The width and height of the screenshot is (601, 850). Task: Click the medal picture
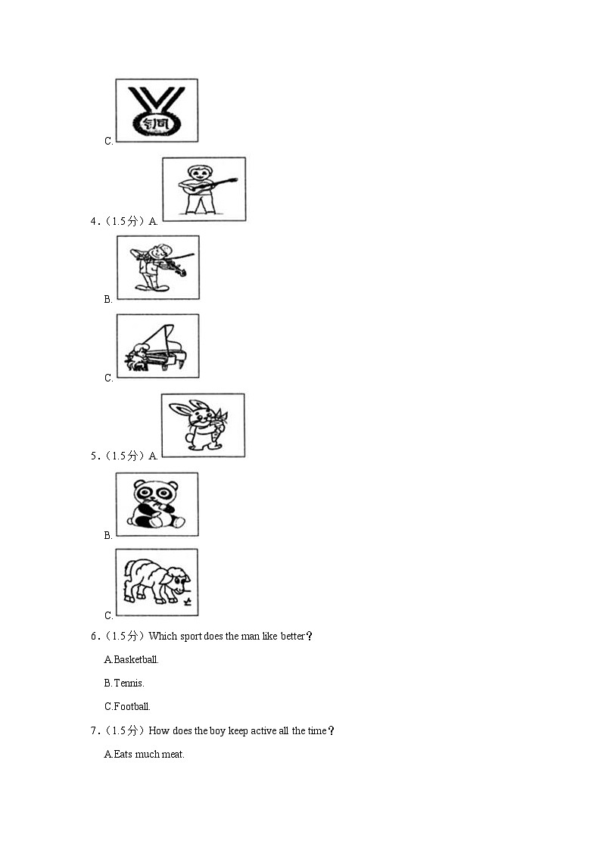[x=157, y=111]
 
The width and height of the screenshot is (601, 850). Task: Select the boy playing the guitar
[x=204, y=189]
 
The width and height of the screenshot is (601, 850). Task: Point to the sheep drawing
[x=157, y=582]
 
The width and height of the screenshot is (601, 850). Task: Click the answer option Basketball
[x=131, y=660]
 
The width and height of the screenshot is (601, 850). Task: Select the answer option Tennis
[x=124, y=683]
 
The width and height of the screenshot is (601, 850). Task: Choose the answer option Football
[x=127, y=706]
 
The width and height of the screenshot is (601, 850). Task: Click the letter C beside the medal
[x=107, y=141]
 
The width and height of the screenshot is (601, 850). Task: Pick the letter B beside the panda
[x=107, y=536]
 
